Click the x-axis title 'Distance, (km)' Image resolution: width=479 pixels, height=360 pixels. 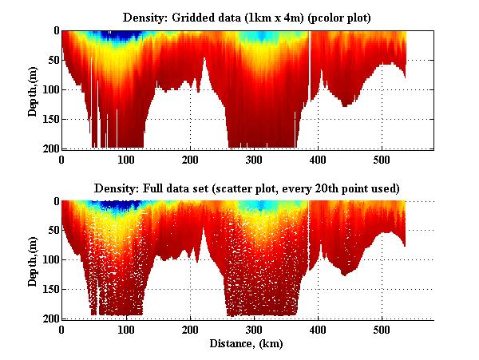coord(247,344)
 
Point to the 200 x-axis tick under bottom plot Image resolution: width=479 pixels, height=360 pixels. coord(190,330)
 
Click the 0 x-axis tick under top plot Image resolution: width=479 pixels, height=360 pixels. coord(62,160)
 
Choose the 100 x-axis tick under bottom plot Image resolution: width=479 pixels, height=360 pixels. coord(126,330)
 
